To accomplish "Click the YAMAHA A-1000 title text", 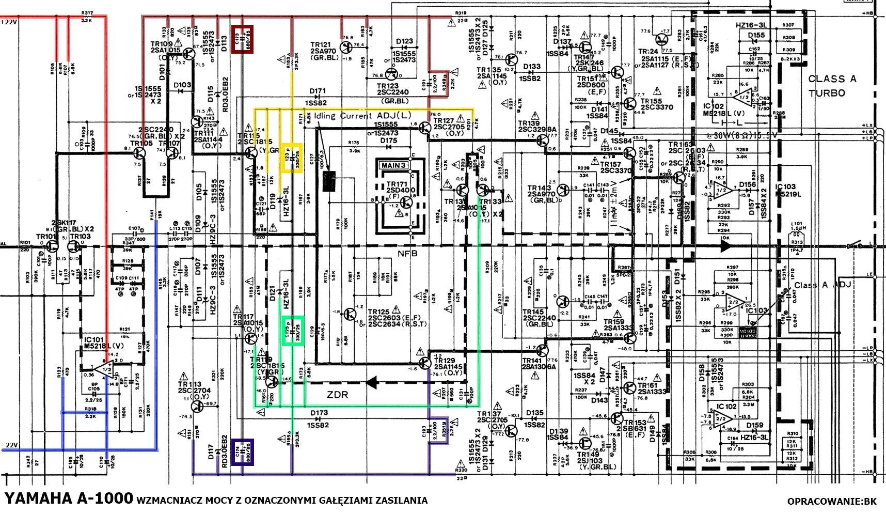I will [69, 499].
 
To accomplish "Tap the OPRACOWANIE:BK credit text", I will [831, 501].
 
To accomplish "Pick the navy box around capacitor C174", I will [242, 452].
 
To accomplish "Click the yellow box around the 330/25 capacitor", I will [291, 158].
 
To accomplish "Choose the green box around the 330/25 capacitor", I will [292, 331].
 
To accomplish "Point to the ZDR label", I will [338, 395].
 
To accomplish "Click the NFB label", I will [407, 254].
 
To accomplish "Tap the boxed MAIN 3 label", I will [394, 165].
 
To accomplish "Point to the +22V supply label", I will [9, 22].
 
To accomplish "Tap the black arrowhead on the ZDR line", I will [371, 383].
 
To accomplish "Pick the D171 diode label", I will [318, 91].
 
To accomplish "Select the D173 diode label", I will [319, 413].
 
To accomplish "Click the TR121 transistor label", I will [320, 45].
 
